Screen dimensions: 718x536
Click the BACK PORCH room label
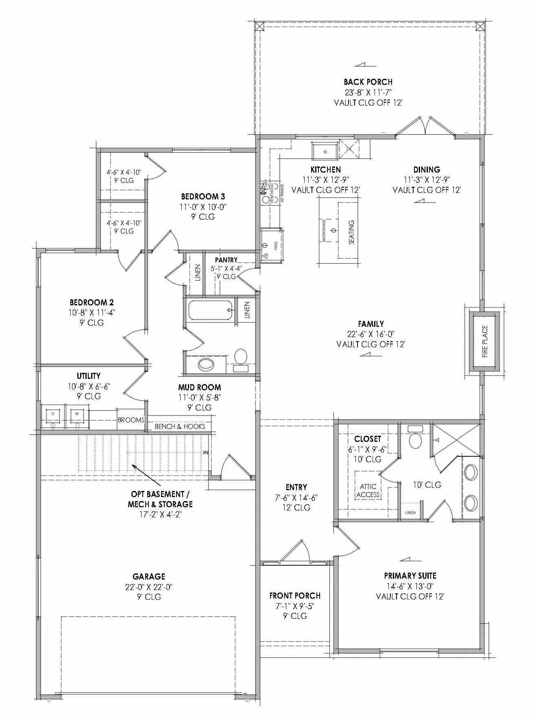368,82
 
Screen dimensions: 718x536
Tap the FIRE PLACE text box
484,341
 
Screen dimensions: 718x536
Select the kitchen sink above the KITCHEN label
325,151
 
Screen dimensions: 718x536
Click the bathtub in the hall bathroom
211,310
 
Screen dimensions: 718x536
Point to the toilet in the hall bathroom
241,357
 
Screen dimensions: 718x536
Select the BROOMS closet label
131,420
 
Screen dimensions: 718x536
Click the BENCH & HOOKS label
179,426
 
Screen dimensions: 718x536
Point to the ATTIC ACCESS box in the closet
368,490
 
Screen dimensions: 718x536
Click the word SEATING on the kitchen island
351,232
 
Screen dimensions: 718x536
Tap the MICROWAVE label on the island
324,231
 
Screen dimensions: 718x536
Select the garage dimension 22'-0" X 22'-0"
149,587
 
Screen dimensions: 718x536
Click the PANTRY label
226,260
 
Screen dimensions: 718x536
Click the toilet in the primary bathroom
415,439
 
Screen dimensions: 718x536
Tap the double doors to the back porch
425,126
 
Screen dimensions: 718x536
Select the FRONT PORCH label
295,596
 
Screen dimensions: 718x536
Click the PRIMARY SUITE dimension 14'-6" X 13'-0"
410,586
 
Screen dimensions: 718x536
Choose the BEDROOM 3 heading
203,197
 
